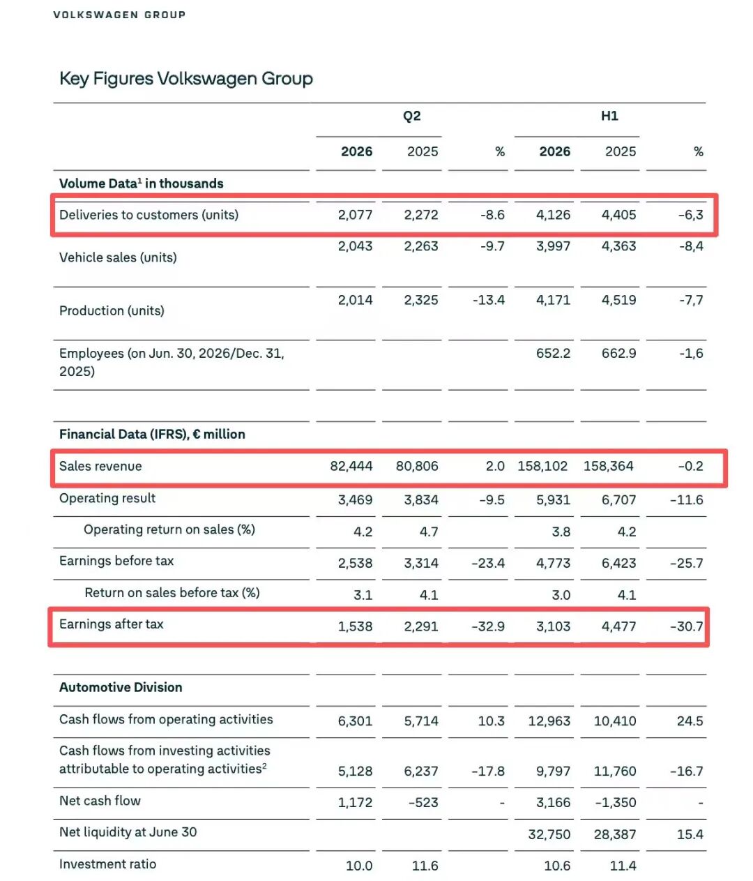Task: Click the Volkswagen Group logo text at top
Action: (x=119, y=15)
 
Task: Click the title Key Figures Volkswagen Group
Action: (x=185, y=79)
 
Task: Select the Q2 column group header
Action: (x=411, y=116)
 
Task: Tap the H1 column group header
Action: (x=609, y=116)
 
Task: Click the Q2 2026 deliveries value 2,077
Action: (x=355, y=214)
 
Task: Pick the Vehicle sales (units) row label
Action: (x=118, y=257)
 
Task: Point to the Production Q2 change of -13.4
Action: (x=488, y=300)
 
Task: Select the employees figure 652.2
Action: (x=553, y=353)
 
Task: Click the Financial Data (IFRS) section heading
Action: (x=152, y=434)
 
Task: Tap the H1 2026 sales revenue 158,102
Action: (x=542, y=466)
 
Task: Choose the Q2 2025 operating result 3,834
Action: (x=421, y=499)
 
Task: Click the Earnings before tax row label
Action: (x=116, y=561)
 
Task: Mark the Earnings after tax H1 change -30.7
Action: (x=687, y=626)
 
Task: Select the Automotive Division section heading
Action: (x=121, y=687)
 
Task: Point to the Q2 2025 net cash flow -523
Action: (x=423, y=802)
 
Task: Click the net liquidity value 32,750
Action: (x=549, y=834)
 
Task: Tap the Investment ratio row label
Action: (x=108, y=864)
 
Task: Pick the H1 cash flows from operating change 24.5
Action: (x=690, y=721)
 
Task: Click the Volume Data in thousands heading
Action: (x=141, y=183)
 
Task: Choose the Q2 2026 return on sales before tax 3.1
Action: (x=363, y=594)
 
